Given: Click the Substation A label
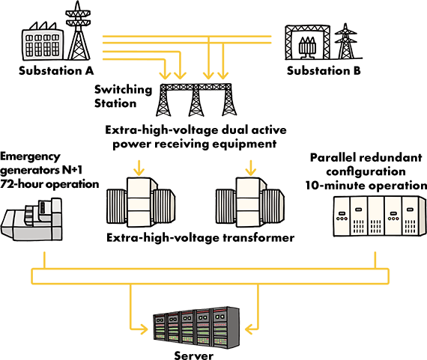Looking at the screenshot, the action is (x=56, y=71).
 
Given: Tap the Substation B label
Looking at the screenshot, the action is (x=324, y=71).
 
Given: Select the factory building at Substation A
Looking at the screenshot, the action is (x=43, y=42).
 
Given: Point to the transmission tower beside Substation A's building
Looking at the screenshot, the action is (x=78, y=31).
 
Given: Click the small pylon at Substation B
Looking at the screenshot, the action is (x=346, y=41).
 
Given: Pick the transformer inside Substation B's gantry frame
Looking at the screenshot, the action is (x=307, y=48).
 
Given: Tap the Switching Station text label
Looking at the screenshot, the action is (x=123, y=97).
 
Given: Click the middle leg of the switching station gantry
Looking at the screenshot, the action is (x=196, y=102).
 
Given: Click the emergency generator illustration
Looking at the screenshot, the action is (x=31, y=219).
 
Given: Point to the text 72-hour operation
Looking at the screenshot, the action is (x=49, y=184).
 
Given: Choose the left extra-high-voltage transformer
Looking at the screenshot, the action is (x=141, y=202).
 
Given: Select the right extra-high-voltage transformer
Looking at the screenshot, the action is (x=250, y=202).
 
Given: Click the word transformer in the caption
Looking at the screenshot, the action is (x=258, y=238).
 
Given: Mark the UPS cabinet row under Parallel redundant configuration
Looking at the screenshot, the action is (x=380, y=216).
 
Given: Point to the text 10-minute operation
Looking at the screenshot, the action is (x=366, y=186).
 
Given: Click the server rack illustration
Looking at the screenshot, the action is (x=196, y=327).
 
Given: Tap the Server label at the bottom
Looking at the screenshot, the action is (x=193, y=355).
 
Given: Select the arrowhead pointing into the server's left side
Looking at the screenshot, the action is (x=144, y=329).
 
